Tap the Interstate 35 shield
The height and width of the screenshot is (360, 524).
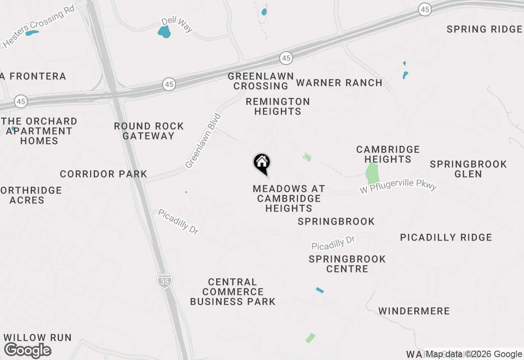[164, 280]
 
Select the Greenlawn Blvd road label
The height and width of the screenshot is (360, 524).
[203, 141]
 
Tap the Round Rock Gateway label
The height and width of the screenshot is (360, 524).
[149, 131]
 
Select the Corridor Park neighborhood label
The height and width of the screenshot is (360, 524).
[104, 174]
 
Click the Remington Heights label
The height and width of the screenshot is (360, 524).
[278, 106]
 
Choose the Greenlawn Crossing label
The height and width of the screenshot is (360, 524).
[261, 81]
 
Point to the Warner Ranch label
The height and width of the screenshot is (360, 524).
[339, 83]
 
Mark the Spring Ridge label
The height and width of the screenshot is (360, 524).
[484, 29]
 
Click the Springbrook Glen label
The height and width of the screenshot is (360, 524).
[468, 169]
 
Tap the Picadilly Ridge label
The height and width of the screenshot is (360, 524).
[446, 237]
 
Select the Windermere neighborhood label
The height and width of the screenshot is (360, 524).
[414, 311]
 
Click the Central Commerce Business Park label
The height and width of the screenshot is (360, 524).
[233, 292]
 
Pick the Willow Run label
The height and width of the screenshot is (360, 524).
[38, 337]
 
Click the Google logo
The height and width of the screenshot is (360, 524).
[28, 350]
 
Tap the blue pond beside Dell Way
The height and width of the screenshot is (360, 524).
[164, 32]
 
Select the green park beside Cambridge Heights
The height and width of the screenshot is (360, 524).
[372, 173]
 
